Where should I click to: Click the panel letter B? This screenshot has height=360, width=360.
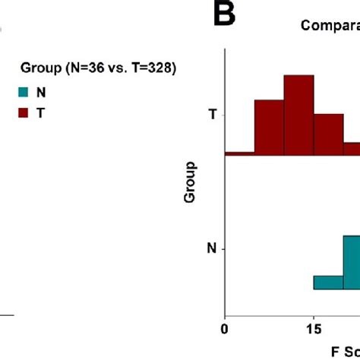[225, 14]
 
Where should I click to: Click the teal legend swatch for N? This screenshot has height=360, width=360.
[24, 93]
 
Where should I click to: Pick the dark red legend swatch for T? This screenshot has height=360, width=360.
[24, 112]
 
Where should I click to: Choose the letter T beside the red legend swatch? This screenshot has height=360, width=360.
[41, 112]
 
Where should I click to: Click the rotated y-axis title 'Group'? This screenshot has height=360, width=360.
[190, 182]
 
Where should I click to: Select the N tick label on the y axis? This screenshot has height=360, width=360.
[212, 248]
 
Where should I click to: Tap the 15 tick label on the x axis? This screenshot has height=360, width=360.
[313, 330]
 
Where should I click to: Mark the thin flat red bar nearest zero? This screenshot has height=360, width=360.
[239, 153]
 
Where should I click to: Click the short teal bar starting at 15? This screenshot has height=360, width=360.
[327, 282]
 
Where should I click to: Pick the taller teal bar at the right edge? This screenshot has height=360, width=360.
[351, 262]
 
